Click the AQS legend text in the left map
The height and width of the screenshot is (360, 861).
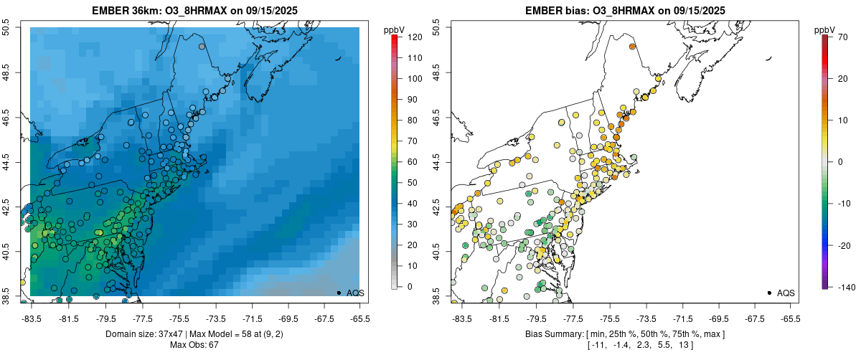coord(355,293)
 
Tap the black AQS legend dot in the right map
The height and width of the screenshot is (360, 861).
coord(769,293)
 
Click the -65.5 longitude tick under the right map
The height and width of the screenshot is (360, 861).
coord(789,319)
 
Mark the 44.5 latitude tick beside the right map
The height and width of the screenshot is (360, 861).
coord(437,162)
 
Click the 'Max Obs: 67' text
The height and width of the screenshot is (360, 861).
coord(194,345)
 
